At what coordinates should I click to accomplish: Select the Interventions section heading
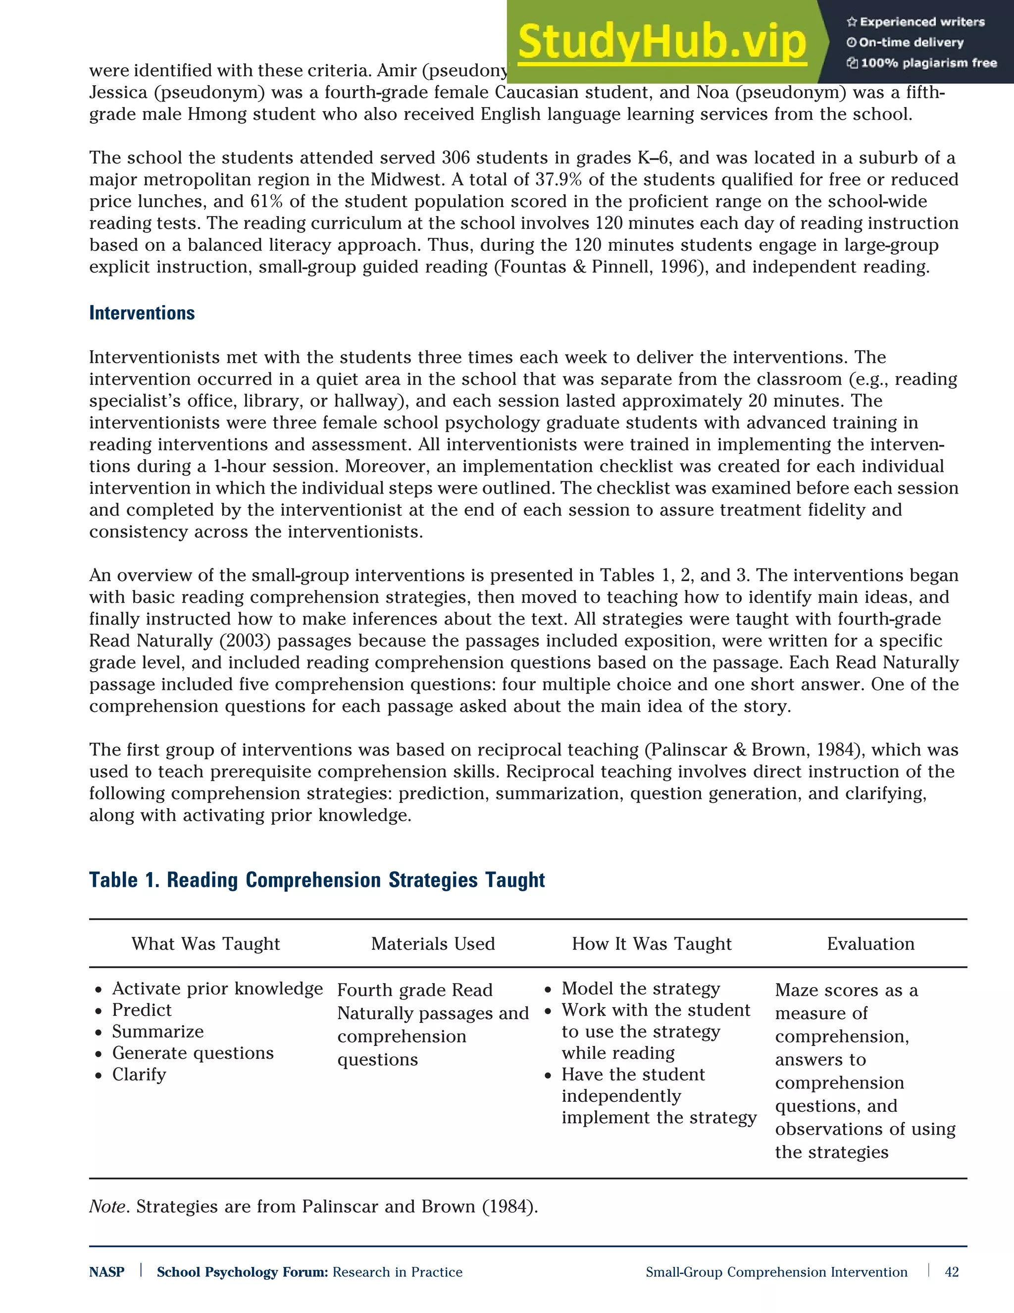[x=142, y=313]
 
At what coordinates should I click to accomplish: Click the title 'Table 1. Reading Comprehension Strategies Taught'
[x=316, y=879]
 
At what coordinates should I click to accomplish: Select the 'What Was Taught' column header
[x=205, y=944]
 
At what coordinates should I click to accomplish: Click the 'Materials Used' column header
[x=433, y=944]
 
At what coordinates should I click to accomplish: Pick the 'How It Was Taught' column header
[x=651, y=944]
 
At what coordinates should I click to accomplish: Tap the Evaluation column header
[x=870, y=944]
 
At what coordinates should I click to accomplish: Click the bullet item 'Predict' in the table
[x=142, y=1010]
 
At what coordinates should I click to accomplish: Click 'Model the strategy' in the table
[x=640, y=988]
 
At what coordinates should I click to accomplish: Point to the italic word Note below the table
[x=107, y=1206]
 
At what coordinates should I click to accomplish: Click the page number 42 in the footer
[x=952, y=1272]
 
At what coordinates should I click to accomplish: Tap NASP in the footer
[x=106, y=1272]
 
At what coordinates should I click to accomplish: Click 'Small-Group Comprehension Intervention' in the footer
[x=776, y=1272]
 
